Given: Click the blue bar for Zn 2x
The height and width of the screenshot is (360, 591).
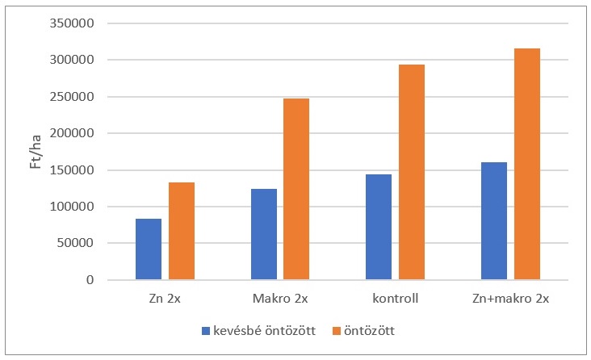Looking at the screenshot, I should tap(149, 249).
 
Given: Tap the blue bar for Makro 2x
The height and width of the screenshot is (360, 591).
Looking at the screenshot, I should tap(263, 234).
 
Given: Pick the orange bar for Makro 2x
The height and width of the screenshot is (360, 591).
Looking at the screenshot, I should tap(296, 189).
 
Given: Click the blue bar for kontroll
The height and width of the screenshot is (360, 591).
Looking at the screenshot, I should tap(379, 227).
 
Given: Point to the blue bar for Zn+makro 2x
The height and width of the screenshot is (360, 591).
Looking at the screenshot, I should tap(494, 221).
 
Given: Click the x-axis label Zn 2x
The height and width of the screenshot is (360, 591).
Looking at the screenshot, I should tap(165, 299).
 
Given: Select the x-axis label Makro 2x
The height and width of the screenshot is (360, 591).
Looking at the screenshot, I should tap(279, 299).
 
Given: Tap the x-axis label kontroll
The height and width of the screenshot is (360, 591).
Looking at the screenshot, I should tap(395, 299).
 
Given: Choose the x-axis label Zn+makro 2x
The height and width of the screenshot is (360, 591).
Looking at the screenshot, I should tap(510, 299).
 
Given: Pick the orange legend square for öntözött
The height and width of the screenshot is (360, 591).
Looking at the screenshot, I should tap(338, 330).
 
